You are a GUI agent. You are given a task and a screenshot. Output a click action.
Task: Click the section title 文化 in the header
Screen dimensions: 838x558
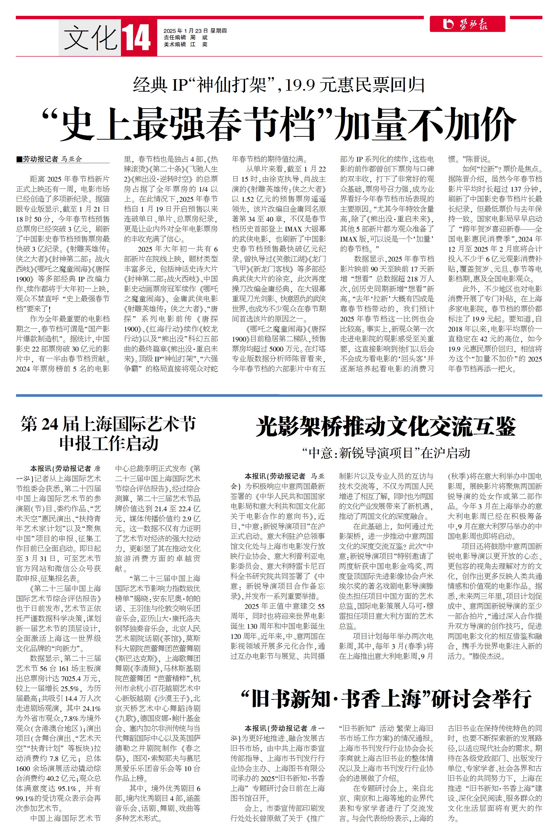pos(90,38)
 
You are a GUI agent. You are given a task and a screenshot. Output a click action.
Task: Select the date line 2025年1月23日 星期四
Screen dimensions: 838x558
pos(195,31)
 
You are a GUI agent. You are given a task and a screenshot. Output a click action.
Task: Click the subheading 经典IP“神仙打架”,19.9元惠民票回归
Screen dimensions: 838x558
pos(279,85)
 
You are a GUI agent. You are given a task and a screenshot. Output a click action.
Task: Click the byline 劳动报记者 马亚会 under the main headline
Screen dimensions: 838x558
pos(52,159)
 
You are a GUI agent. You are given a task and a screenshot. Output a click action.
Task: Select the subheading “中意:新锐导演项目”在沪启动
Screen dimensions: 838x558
pos(386,453)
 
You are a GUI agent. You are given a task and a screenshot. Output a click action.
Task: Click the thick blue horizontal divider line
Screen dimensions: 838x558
pos(279,395)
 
